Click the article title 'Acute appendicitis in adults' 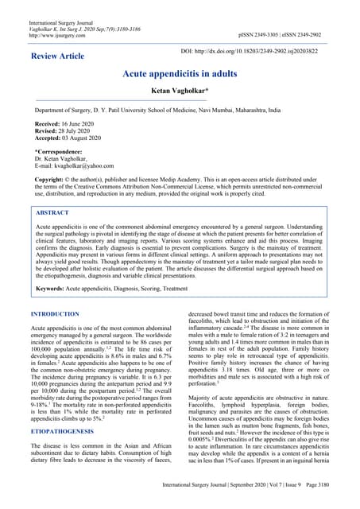click(180, 73)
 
